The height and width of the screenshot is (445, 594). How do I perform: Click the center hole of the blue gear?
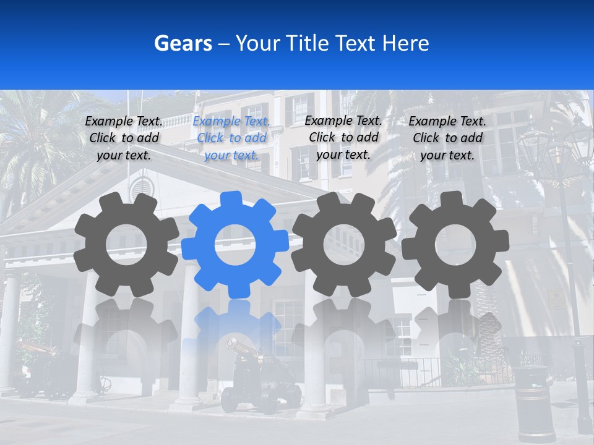(235, 245)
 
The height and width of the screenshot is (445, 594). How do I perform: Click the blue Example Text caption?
(231, 138)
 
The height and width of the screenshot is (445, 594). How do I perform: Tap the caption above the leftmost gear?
(124, 138)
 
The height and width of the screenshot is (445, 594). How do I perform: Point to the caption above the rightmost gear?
(447, 138)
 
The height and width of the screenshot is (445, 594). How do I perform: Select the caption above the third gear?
(343, 137)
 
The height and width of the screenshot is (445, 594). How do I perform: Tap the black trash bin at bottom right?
(534, 402)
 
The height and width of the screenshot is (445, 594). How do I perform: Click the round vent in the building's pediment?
(142, 185)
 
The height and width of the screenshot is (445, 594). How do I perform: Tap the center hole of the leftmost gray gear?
(126, 244)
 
